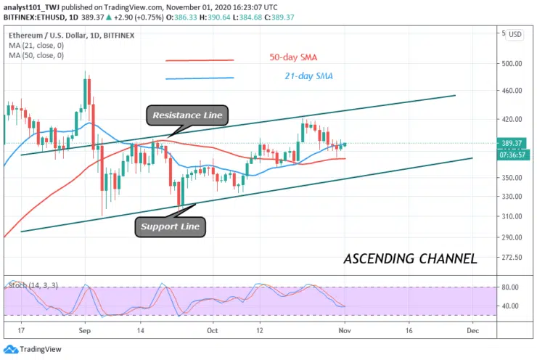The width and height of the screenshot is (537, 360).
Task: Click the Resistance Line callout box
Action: click(x=188, y=115)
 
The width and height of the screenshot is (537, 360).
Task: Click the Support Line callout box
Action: click(x=170, y=227)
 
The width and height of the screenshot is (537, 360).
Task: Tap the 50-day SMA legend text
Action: click(x=293, y=57)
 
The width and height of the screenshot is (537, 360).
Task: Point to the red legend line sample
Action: click(x=200, y=61)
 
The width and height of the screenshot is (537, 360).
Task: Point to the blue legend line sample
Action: click(x=200, y=78)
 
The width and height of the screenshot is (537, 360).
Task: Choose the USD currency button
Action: click(x=515, y=34)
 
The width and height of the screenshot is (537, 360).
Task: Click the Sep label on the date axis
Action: click(x=83, y=330)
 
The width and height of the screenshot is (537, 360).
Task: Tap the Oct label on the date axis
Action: click(x=213, y=330)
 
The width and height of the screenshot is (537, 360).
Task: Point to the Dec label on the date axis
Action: click(x=472, y=330)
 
